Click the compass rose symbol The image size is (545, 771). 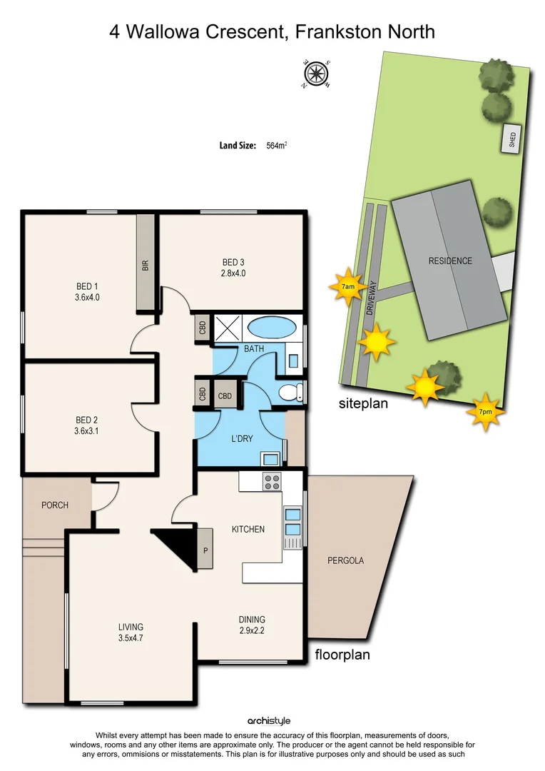tap(314, 74)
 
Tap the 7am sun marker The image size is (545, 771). tap(348, 286)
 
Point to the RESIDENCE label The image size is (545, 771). tap(450, 261)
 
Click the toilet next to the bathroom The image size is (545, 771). tap(290, 392)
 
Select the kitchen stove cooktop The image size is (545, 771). tap(272, 482)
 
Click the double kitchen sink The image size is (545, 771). tap(292, 521)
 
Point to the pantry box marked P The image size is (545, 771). tap(205, 549)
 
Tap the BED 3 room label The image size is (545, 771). tap(233, 261)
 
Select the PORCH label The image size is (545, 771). tap(55, 505)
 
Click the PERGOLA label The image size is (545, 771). tap(345, 560)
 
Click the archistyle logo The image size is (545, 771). tap(269, 721)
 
